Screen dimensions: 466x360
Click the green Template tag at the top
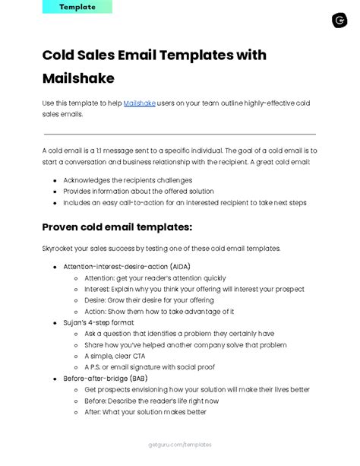pyautogui.click(x=77, y=7)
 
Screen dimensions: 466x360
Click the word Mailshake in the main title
pyautogui.click(x=79, y=78)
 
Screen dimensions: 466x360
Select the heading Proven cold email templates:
pyautogui.click(x=117, y=227)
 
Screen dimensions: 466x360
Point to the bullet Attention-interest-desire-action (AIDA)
pyautogui.click(x=127, y=268)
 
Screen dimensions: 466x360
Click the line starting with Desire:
pyautogui.click(x=149, y=300)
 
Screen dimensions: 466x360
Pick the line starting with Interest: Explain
pyautogui.click(x=194, y=290)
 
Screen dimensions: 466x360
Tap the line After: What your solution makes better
pyautogui.click(x=145, y=411)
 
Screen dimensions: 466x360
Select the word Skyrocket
pyautogui.click(x=58, y=249)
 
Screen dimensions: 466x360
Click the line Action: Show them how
pyautogui.click(x=159, y=312)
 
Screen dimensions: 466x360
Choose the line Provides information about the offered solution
pyautogui.click(x=139, y=192)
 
